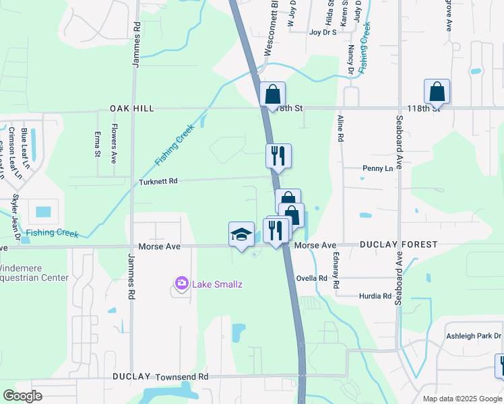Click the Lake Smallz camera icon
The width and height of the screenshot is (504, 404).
click(x=181, y=284)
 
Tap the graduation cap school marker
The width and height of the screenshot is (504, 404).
click(x=241, y=235)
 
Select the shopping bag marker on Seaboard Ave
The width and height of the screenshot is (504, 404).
click(x=437, y=92)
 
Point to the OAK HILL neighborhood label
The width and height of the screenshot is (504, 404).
click(x=133, y=108)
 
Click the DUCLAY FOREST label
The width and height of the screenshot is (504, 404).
click(x=398, y=245)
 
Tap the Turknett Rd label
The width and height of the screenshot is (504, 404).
click(x=158, y=182)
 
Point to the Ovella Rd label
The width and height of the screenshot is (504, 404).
click(x=312, y=278)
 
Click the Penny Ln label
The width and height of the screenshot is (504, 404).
click(x=377, y=168)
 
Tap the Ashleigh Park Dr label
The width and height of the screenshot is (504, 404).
click(x=474, y=336)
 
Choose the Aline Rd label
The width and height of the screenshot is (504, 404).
click(x=340, y=129)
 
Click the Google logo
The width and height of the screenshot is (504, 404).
click(x=23, y=396)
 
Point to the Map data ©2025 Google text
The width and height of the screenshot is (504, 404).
click(x=462, y=399)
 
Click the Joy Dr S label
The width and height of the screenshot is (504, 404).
click(x=323, y=32)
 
